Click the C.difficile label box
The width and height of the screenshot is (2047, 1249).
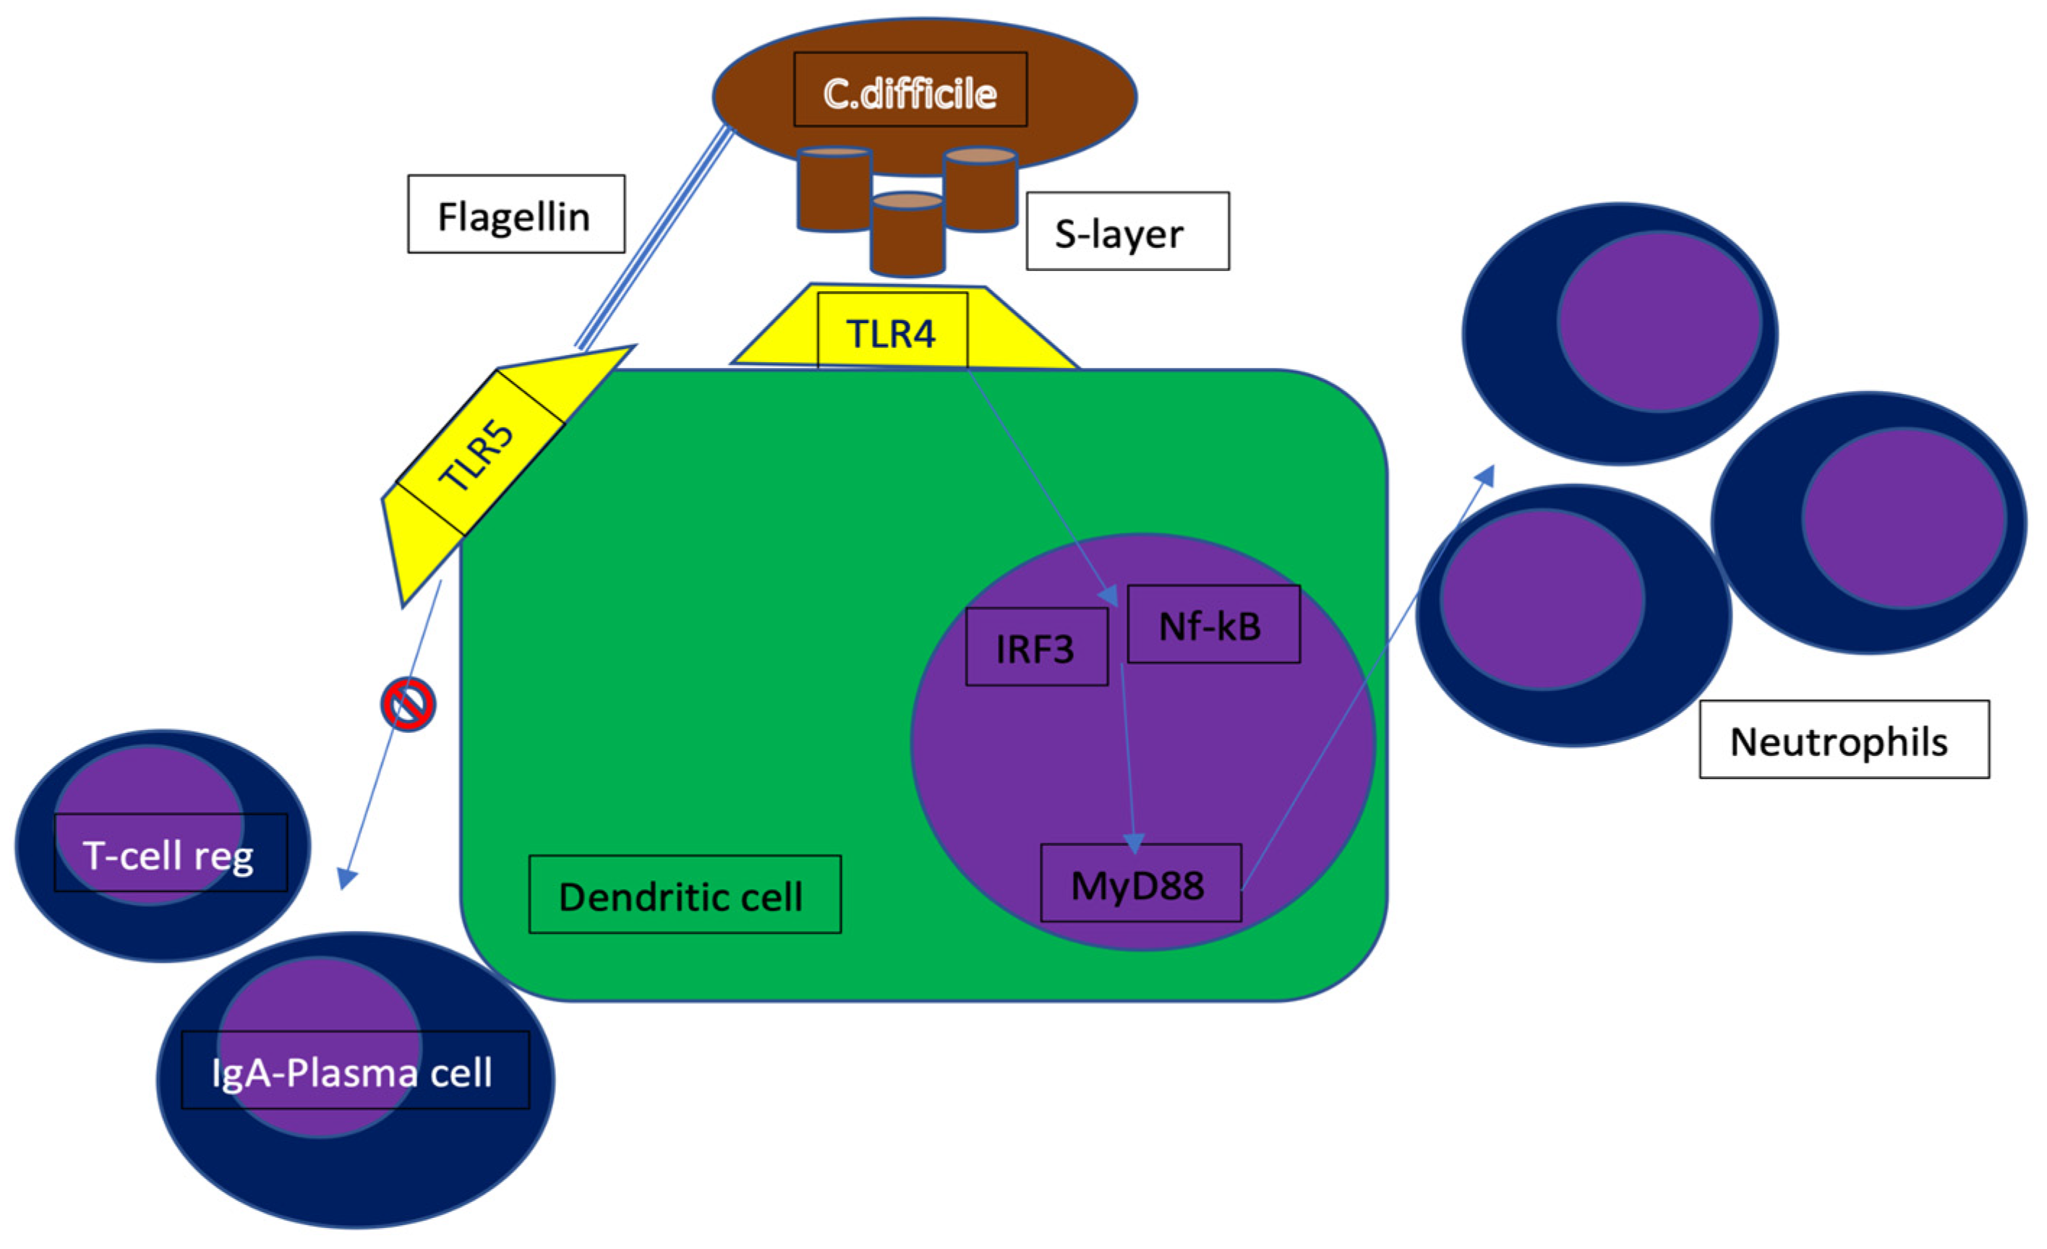click(x=910, y=90)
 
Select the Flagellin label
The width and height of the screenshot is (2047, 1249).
click(x=516, y=214)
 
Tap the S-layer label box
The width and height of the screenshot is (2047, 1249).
click(x=1127, y=232)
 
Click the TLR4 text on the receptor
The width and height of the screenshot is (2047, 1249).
click(x=892, y=333)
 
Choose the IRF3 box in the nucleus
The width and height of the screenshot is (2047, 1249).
click(x=1036, y=647)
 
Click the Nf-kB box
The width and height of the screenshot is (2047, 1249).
click(x=1213, y=624)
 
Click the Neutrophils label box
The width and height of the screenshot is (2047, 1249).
click(x=1844, y=739)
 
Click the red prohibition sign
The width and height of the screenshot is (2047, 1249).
click(x=408, y=704)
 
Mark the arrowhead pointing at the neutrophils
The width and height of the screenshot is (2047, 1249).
click(x=1485, y=475)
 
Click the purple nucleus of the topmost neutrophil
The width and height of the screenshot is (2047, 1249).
click(x=1658, y=322)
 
